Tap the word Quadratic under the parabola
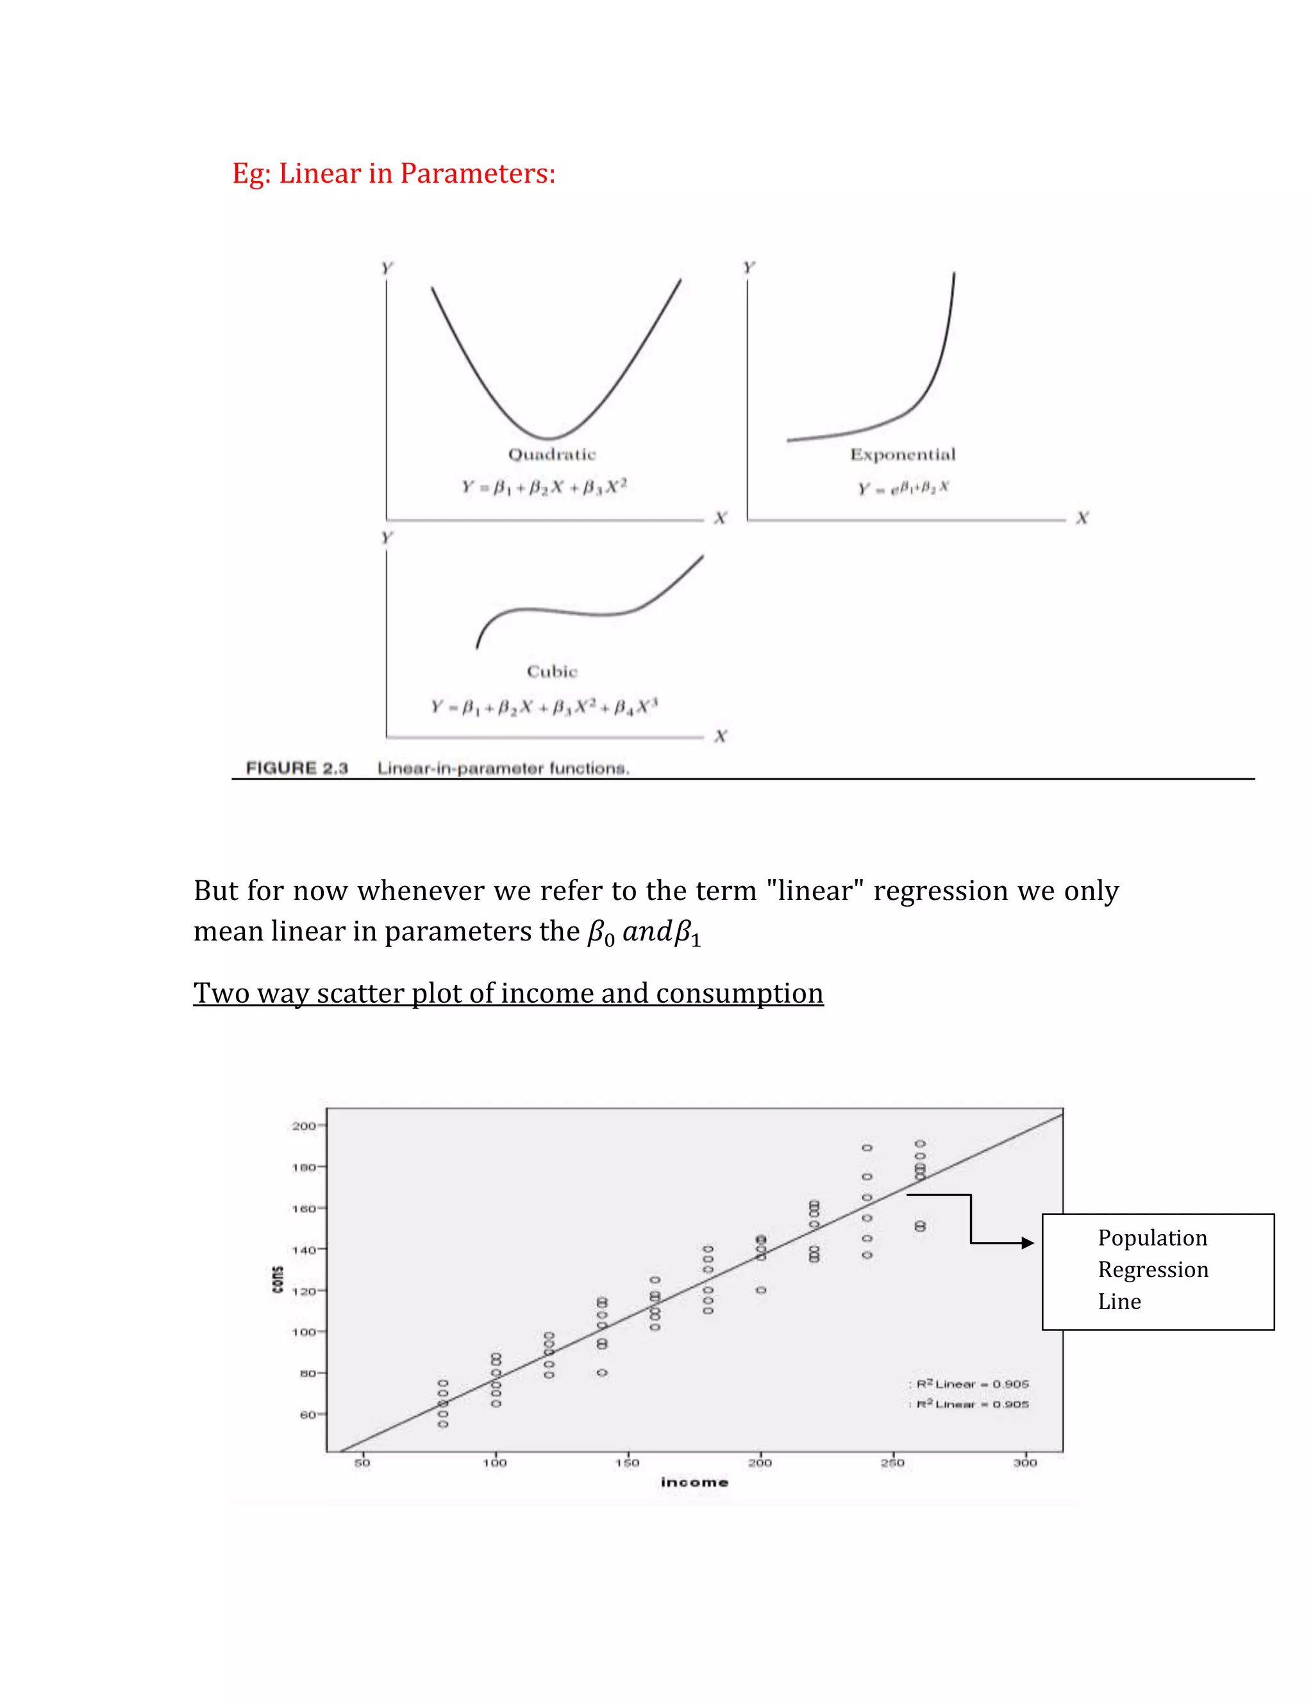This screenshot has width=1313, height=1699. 551,455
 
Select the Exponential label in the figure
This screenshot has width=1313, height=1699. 902,455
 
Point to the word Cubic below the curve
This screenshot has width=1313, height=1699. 551,671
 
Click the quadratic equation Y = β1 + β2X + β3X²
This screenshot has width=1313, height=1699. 544,487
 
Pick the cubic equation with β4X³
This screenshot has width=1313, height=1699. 544,707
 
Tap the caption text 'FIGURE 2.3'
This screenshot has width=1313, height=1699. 296,769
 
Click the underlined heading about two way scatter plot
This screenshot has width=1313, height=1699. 508,993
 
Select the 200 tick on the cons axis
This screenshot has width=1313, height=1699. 303,1126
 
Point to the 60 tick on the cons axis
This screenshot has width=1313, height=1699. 307,1414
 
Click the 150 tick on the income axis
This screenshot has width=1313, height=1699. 627,1462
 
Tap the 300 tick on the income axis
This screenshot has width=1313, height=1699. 1024,1462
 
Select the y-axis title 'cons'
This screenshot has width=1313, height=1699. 278,1280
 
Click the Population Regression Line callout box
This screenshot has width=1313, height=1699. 1157,1271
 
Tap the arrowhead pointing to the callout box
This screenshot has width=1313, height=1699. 1028,1243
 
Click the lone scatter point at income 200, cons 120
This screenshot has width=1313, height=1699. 761,1290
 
